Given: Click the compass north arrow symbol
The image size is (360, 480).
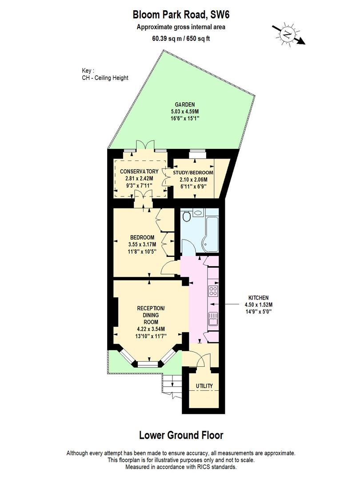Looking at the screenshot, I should pos(288,34).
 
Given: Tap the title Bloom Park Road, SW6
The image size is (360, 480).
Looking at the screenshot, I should pos(181,15).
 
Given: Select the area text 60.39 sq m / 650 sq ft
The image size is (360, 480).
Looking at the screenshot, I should pos(181,39).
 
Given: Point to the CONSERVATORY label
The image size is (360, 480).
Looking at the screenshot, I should pos(140,172).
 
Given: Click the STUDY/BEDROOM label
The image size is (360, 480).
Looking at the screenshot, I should pos(193,172).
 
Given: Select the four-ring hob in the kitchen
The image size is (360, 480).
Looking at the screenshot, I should pos(213,292).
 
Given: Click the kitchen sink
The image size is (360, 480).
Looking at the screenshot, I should pos(213,319).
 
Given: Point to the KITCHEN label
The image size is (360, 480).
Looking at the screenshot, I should pos(258,298).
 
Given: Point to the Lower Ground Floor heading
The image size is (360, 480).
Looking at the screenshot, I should pos(181,435).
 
